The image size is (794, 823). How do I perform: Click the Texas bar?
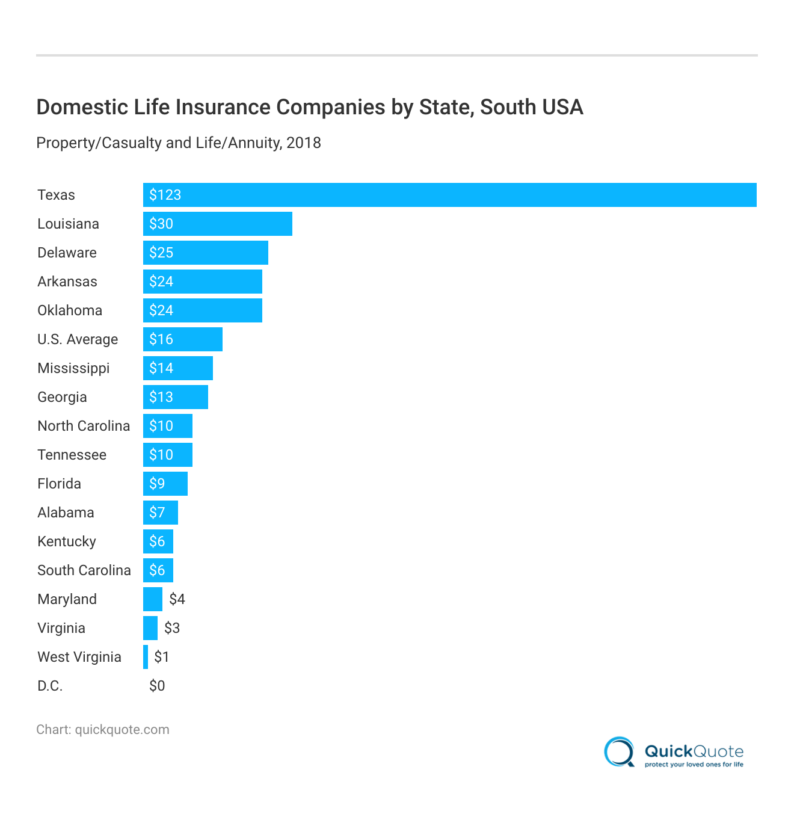coord(449,195)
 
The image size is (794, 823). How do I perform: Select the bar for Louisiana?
coord(217,224)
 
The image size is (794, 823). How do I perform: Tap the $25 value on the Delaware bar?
coord(161,253)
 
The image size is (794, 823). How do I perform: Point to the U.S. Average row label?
coord(78,339)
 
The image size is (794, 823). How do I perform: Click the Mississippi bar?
coord(178,368)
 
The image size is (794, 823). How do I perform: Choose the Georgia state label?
coord(62,397)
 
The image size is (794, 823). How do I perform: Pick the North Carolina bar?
coord(168,426)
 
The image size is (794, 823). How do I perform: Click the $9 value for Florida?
coord(157,484)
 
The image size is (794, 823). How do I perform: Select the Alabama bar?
coord(161,513)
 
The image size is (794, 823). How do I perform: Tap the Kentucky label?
coord(67,541)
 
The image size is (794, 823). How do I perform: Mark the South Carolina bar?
coord(158,570)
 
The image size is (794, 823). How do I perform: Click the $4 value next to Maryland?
coord(177,599)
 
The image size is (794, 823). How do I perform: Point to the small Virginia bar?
coord(150,628)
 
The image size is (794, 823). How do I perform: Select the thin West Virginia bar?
coord(146,657)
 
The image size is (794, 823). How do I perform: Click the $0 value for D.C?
coord(157,686)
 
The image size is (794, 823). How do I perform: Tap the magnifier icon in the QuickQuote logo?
coord(619,752)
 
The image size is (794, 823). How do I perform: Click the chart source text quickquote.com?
coord(122,730)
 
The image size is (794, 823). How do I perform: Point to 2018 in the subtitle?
coord(304,143)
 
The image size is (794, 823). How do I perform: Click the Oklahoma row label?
coord(70,310)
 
